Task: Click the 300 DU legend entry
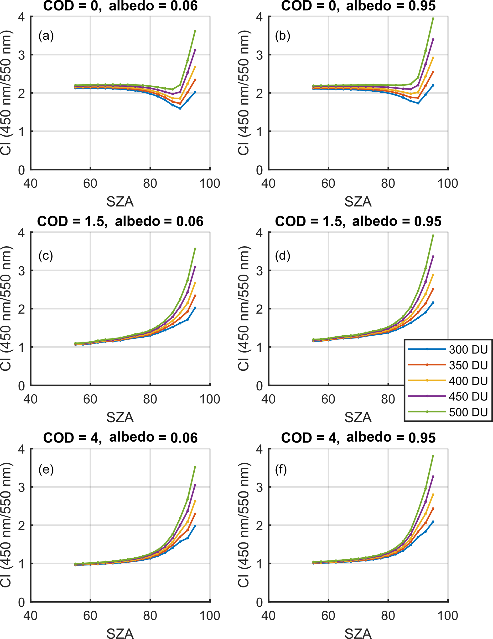click(x=468, y=350)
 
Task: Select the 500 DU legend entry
click(x=468, y=412)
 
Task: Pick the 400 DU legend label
click(x=468, y=381)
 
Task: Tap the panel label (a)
click(x=46, y=36)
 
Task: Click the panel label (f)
click(x=281, y=470)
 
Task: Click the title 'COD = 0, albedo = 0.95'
click(x=358, y=6)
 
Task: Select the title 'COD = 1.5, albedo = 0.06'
click(x=120, y=222)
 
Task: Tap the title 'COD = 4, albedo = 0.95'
click(x=358, y=438)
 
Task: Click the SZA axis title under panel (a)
click(x=120, y=202)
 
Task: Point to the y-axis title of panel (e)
click(x=6, y=525)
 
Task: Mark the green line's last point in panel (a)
click(x=195, y=31)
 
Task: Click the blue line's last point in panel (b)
click(x=433, y=85)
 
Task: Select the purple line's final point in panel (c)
click(x=195, y=267)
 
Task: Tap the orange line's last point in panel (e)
click(x=195, y=514)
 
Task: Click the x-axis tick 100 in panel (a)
click(x=210, y=184)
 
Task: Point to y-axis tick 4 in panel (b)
click(x=259, y=17)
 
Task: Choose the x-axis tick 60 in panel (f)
click(x=328, y=616)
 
